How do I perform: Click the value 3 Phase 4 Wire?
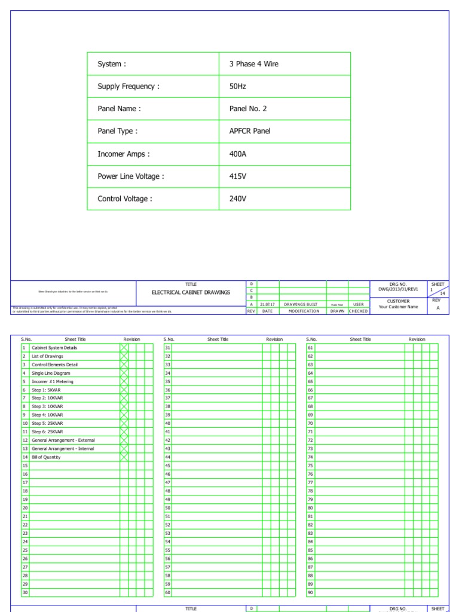coord(253,64)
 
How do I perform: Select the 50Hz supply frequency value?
coord(237,87)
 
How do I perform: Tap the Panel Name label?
coord(119,109)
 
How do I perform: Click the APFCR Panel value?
coord(250,131)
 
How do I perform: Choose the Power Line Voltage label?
coord(130,176)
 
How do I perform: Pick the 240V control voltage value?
coord(238,199)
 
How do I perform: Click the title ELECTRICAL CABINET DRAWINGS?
coord(191,292)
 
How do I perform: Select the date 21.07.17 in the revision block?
coord(267,304)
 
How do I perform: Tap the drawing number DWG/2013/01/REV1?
coord(398,289)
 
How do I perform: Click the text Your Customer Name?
coord(398,307)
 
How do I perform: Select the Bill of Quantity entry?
coord(46,457)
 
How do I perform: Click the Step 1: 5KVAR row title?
coord(47,390)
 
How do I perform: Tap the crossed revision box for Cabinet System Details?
coord(124,348)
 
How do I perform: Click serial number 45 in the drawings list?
coord(168,466)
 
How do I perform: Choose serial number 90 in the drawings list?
coord(310,592)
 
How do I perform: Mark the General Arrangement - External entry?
coord(63,440)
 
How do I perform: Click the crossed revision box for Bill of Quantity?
coord(124,457)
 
